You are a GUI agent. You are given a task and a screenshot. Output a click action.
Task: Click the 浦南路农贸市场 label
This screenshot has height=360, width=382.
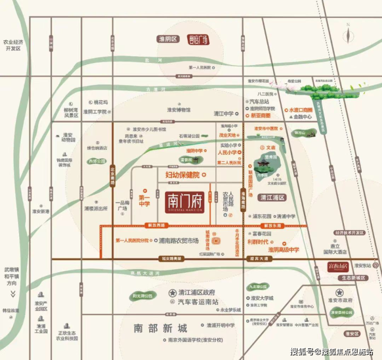(x=179, y=240)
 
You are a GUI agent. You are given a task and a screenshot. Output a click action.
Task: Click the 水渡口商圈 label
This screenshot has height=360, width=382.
(x=301, y=110)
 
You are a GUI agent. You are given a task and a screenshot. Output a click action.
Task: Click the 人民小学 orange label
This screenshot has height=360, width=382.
(x=227, y=153)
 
